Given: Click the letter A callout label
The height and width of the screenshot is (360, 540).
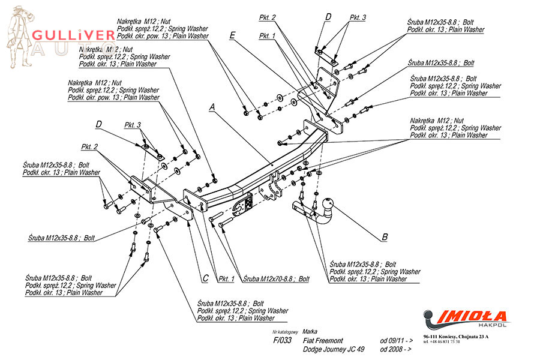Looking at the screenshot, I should point(212,107).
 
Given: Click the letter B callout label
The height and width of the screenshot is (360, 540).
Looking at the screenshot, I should point(385,236).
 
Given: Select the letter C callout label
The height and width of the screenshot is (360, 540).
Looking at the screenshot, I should point(205,278).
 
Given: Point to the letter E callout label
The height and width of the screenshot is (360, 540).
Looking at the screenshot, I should point(232,36).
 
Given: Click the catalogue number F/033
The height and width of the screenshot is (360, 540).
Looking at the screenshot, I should point(283,340).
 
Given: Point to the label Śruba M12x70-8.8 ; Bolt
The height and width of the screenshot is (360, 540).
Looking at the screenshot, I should point(277,279).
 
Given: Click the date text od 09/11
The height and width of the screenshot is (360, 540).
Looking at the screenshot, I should point(396,340).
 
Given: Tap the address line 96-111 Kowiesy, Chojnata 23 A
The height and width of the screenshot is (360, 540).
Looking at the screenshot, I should point(455,337).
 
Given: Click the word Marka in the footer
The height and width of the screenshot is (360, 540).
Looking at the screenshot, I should point(310,331).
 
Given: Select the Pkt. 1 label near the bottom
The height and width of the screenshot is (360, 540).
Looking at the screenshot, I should point(226,278).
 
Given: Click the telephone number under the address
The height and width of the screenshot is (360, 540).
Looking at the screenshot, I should point(442,343).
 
